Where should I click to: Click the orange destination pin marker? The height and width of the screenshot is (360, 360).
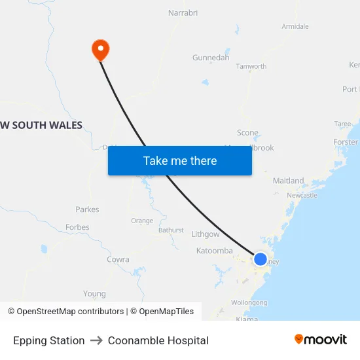coord(100,49)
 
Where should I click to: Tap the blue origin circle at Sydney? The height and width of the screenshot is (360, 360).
coord(261,259)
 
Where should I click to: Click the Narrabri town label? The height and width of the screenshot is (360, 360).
coord(183,12)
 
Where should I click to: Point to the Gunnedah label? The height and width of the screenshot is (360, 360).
coord(211,58)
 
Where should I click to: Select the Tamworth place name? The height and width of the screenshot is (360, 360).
coord(251,66)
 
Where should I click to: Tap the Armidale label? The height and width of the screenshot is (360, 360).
coord(295,26)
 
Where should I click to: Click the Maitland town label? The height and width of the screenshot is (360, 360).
coord(288,181)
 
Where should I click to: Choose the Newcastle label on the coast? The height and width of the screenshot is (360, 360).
coord(302,195)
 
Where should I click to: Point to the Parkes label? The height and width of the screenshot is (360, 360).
coord(87,209)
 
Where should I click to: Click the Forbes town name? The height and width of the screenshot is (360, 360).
coord(77,227)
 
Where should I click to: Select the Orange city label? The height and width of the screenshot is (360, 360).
coord(142,221)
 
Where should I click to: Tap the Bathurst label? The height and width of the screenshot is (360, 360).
coord(171,230)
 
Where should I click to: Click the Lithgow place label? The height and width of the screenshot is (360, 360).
coord(206,234)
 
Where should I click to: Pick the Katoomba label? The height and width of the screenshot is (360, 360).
coord(214,251)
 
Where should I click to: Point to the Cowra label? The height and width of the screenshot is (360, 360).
coord(118,259)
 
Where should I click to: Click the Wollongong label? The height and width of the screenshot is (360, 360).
coord(249,303)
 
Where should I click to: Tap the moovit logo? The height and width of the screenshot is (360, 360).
coord(320,339)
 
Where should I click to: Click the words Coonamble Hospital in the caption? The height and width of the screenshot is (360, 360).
coord(158,340)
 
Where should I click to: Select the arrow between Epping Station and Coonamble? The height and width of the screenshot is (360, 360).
coord(96,340)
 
